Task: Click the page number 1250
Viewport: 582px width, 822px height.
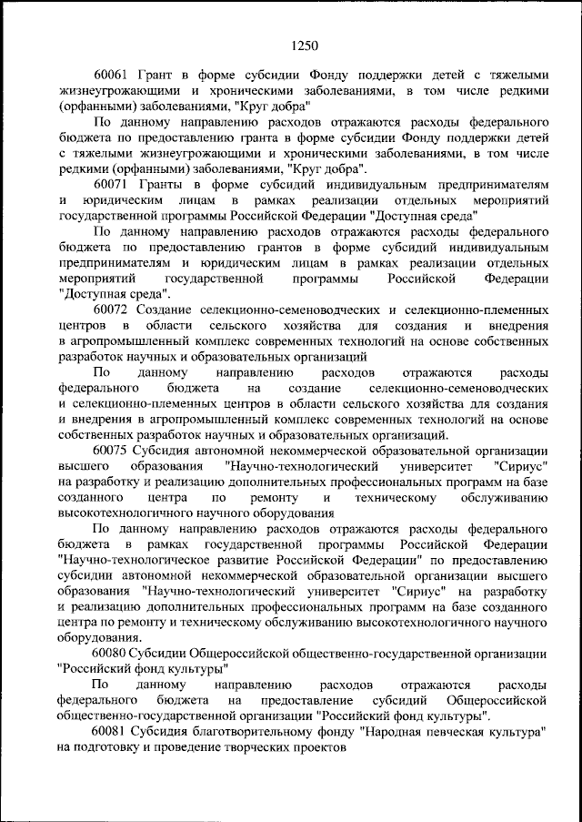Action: [x=305, y=42]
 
